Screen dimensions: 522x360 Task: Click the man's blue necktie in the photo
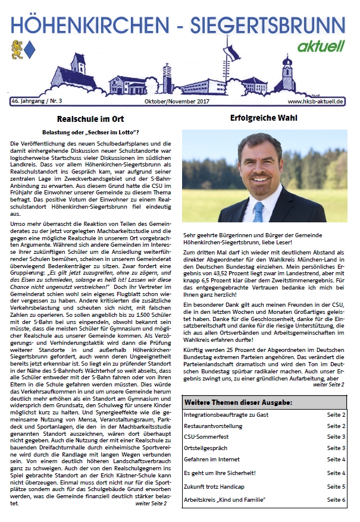[x=258, y=212]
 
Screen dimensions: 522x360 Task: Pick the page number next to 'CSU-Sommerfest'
[x=336, y=437]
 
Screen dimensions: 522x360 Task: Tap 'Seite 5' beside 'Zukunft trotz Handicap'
[x=336, y=486]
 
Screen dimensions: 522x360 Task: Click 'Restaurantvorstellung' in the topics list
[x=212, y=426]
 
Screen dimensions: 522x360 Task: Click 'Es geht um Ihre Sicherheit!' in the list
[x=220, y=473]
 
